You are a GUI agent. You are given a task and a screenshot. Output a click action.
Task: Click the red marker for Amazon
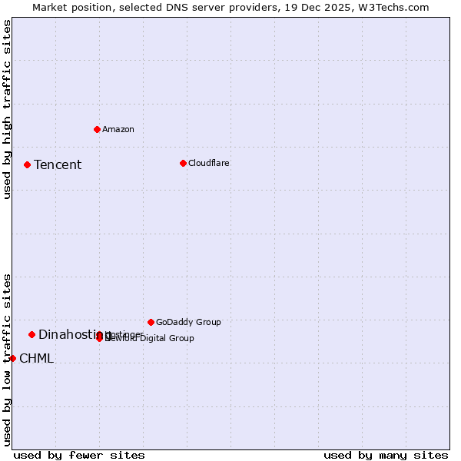[97, 129]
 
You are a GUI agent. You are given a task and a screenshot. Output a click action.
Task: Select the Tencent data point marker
[27, 164]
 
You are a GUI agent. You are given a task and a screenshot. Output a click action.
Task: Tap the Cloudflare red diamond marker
[183, 163]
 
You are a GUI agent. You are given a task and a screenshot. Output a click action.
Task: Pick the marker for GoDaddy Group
[151, 322]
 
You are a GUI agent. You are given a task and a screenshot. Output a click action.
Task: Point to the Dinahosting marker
[32, 334]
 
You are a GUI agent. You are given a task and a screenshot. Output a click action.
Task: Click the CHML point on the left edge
[12, 358]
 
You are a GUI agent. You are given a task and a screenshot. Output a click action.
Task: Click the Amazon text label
[118, 129]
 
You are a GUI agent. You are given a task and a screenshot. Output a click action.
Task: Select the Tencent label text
[58, 164]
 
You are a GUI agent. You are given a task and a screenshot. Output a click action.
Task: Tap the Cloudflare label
[209, 163]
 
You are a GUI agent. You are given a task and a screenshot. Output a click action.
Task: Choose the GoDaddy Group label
[188, 322]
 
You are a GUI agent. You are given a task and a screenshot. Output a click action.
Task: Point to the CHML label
[36, 358]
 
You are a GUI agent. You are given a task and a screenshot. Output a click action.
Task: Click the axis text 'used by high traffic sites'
[7, 109]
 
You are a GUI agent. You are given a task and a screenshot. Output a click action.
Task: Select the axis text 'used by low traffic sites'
[7, 360]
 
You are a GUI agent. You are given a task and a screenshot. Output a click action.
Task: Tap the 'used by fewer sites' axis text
[79, 455]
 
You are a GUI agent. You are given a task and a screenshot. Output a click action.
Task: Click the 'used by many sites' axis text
[386, 455]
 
